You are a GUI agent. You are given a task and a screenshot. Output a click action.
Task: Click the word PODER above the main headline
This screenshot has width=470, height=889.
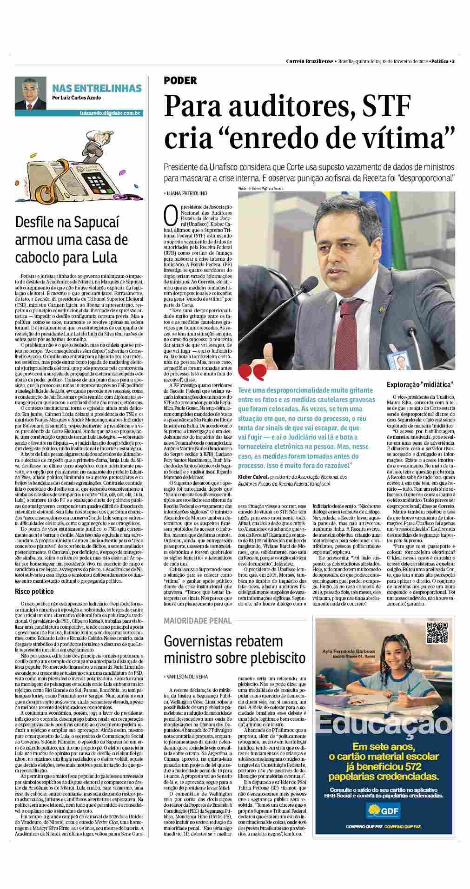[180, 80]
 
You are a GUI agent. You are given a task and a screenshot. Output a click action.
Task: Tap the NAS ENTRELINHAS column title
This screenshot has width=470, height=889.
[97, 88]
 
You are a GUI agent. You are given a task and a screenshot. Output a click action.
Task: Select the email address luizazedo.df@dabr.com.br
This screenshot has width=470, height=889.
[110, 113]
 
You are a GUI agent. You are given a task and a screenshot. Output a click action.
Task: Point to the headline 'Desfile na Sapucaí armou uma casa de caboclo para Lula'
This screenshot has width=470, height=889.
[72, 240]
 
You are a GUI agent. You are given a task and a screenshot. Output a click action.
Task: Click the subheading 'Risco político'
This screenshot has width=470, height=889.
[34, 592]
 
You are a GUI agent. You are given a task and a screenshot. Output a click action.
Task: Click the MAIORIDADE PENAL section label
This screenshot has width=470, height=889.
[198, 620]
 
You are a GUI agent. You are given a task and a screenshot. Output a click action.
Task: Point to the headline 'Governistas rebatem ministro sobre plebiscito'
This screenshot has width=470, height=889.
[235, 650]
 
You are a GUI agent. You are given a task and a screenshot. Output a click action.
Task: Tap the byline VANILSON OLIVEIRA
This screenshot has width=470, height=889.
[187, 677]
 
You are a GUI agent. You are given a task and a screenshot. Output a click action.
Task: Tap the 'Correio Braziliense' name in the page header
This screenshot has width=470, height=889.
[309, 61]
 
